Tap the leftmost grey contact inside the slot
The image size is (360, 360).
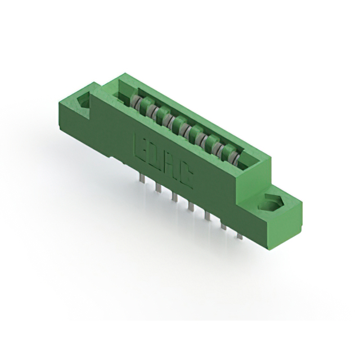click(x=136, y=103)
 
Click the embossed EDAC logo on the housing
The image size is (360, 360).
click(x=163, y=161)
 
